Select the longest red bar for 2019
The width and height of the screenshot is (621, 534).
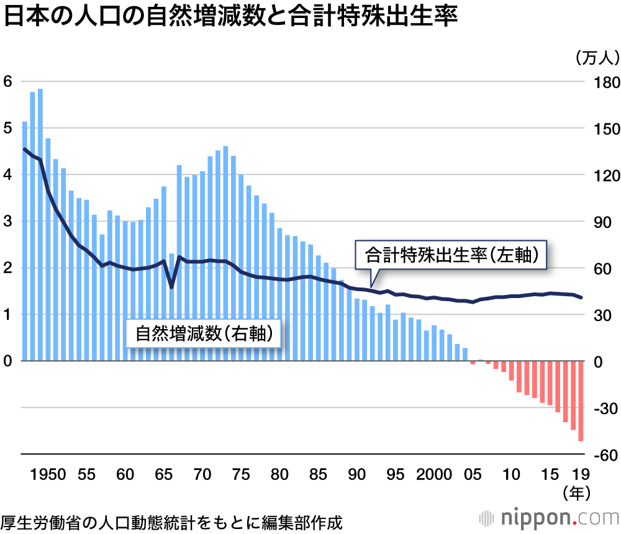pyautogui.click(x=581, y=400)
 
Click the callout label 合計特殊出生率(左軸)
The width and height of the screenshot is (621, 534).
pyautogui.click(x=451, y=255)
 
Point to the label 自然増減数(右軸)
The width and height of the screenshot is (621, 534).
pyautogui.click(x=204, y=334)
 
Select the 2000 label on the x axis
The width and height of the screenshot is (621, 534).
pyautogui.click(x=433, y=474)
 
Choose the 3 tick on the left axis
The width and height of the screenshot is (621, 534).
pyautogui.click(x=7, y=222)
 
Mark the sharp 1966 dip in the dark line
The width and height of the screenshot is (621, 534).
pyautogui.click(x=171, y=287)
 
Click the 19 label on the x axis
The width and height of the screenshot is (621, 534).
pyautogui.click(x=581, y=474)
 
